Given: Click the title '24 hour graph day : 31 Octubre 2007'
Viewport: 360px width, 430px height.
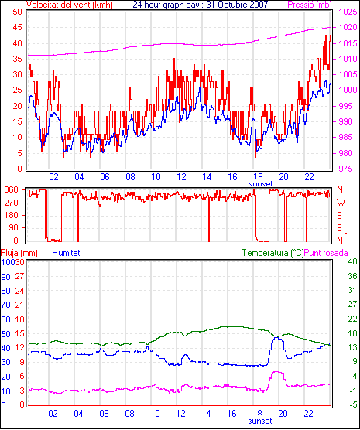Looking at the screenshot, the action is point(201,5).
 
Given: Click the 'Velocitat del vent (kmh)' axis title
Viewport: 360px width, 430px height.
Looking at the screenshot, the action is point(70,5).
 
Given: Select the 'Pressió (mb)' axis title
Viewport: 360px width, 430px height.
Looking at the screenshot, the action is point(310,5).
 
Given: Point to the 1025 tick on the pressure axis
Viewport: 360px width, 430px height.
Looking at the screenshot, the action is point(347,12).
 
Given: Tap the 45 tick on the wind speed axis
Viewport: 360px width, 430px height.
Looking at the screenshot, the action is point(17,27).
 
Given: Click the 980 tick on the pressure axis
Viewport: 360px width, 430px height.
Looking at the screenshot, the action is point(345,153).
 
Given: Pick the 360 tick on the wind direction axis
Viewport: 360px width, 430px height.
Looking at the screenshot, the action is point(12,189).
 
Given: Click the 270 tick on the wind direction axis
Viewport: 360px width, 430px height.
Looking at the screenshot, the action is point(12,203).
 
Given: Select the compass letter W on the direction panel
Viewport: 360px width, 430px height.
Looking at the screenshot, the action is point(341,203).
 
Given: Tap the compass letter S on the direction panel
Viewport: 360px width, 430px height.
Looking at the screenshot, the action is point(339,216).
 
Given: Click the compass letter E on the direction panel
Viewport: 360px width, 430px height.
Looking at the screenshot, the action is point(339,228).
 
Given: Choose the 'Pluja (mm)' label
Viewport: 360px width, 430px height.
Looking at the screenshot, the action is point(19,253).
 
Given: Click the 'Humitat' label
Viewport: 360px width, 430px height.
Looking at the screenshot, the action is point(66,253).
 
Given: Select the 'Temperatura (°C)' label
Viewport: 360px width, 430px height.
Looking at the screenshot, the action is point(273,253).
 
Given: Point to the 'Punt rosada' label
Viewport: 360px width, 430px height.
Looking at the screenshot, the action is point(326,253).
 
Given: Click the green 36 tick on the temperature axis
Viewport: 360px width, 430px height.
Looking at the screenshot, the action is point(352,276).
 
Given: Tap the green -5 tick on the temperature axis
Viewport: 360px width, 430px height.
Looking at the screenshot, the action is point(352,404).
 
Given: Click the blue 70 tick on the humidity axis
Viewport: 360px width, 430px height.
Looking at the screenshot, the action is point(5,305).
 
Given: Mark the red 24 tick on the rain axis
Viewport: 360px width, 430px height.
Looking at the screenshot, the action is point(19,291).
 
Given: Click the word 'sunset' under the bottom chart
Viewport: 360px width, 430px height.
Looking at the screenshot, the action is point(260,421).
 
